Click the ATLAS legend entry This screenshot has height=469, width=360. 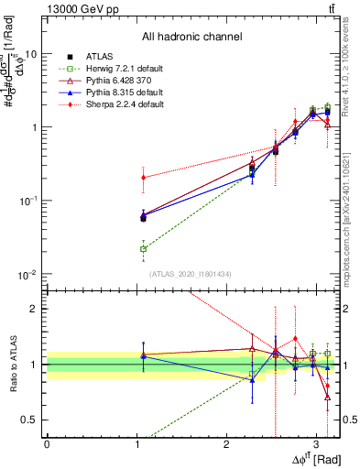[x=98, y=57]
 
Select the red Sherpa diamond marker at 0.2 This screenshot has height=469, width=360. [x=143, y=178]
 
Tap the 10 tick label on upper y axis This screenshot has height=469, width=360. [x=30, y=54]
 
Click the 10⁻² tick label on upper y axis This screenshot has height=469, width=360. [x=27, y=274]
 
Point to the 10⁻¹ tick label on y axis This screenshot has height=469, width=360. [x=27, y=201]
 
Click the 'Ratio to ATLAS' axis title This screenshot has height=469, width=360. [x=12, y=365]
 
